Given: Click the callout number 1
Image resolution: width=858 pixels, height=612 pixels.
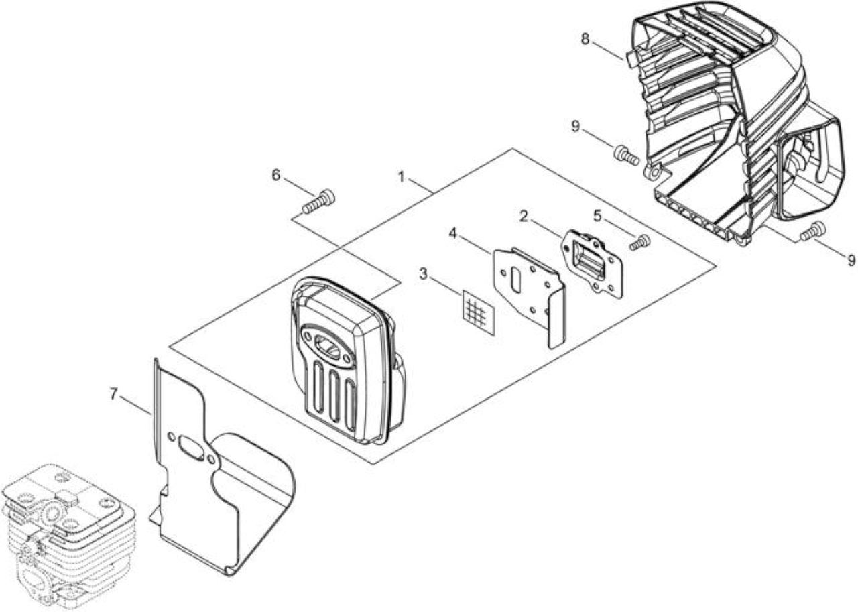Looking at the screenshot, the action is (402, 178).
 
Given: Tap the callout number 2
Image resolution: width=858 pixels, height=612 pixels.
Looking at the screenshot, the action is (524, 217).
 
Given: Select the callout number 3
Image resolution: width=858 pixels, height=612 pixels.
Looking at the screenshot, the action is (423, 274).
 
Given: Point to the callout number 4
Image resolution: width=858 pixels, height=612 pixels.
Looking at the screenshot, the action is (453, 233).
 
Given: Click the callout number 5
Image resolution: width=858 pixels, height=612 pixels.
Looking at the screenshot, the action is (598, 216).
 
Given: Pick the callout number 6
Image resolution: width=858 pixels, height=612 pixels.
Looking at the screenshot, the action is (275, 176).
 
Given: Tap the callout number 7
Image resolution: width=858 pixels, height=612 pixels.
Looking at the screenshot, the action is (113, 394).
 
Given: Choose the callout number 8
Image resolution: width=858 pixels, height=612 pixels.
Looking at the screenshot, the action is (585, 39).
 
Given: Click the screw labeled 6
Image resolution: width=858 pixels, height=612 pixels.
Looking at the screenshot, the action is (318, 202).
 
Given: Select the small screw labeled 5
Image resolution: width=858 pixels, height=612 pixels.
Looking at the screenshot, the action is (640, 243).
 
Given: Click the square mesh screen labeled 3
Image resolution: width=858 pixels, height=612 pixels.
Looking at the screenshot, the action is (479, 312).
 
